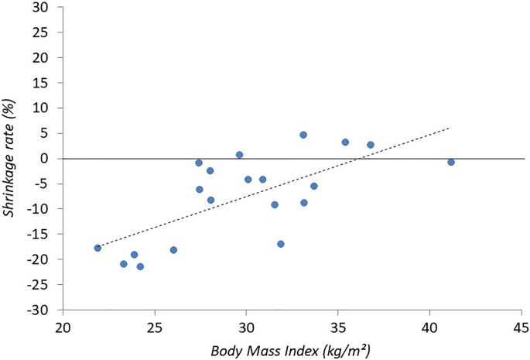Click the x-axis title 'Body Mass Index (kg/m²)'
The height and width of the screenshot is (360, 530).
pyautogui.click(x=291, y=349)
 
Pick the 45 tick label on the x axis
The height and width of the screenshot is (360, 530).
pyautogui.click(x=521, y=326)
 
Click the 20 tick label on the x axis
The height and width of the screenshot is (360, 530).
pyautogui.click(x=63, y=326)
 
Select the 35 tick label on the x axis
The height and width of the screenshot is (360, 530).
pyautogui.click(x=337, y=326)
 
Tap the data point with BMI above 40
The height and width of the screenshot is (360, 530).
pyautogui.click(x=451, y=162)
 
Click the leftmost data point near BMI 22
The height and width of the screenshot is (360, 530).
pyautogui.click(x=97, y=248)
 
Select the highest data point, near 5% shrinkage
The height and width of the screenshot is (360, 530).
pyautogui.click(x=303, y=135)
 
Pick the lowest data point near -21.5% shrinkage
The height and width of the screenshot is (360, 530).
pyautogui.click(x=140, y=266)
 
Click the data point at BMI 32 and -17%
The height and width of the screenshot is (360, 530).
pyautogui.click(x=281, y=244)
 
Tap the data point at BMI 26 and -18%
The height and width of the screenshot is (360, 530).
pyautogui.click(x=173, y=250)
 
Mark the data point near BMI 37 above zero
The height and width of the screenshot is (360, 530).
pyautogui.click(x=371, y=145)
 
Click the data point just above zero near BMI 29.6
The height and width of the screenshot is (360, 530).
pyautogui.click(x=239, y=155)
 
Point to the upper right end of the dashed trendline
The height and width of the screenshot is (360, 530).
pyautogui.click(x=449, y=128)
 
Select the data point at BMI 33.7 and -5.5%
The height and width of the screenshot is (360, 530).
pyautogui.click(x=314, y=186)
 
